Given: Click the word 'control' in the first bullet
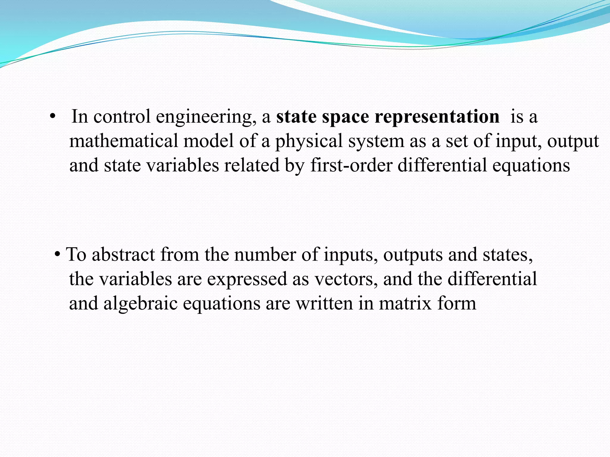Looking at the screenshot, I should point(122,116).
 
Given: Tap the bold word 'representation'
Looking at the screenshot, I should point(437,117).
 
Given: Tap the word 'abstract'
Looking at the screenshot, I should point(123,255).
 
